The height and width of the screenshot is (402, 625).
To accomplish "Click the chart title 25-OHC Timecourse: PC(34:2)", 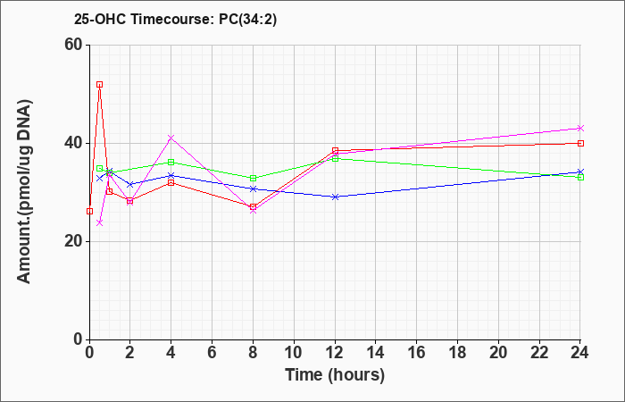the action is pyautogui.click(x=175, y=19).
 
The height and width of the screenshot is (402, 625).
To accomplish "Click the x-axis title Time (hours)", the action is pyautogui.click(x=335, y=375).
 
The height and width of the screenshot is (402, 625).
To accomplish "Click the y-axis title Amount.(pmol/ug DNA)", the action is pyautogui.click(x=25, y=192).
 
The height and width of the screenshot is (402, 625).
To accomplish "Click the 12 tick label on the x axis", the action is pyautogui.click(x=335, y=353).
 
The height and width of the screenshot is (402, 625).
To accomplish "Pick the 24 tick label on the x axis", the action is pyautogui.click(x=580, y=353).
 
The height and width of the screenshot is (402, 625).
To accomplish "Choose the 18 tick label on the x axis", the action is pyautogui.click(x=457, y=353).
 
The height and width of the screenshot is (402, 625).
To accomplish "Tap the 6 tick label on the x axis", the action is pyautogui.click(x=212, y=353).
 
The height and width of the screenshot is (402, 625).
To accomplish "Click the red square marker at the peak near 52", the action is pyautogui.click(x=100, y=85).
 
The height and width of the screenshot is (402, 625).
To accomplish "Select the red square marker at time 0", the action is pyautogui.click(x=89, y=212).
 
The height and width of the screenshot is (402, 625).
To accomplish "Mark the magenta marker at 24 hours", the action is pyautogui.click(x=580, y=128).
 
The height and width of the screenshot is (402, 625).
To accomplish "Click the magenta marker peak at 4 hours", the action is pyautogui.click(x=171, y=138).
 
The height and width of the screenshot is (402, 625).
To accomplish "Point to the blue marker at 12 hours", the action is pyautogui.click(x=335, y=197).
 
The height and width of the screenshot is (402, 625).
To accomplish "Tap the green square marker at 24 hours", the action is pyautogui.click(x=580, y=177).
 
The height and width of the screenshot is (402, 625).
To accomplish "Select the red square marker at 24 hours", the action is pyautogui.click(x=580, y=143).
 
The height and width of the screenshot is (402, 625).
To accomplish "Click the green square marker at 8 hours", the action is pyautogui.click(x=253, y=179).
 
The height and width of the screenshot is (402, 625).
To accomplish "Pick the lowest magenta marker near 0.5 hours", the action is pyautogui.click(x=100, y=223).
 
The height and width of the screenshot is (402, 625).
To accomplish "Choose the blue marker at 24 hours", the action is pyautogui.click(x=580, y=172).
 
